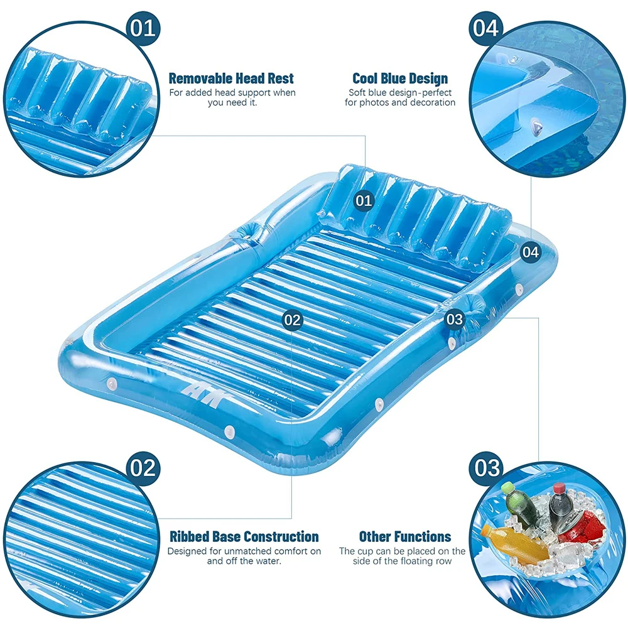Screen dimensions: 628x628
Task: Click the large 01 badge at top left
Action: click(143, 28)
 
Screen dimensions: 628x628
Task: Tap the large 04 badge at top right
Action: click(486, 28)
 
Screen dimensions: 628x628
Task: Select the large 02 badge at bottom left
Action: click(143, 468)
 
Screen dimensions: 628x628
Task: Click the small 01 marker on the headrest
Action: click(364, 200)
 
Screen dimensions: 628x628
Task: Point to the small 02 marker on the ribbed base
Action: click(292, 320)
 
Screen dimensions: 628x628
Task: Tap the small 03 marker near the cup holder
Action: click(455, 319)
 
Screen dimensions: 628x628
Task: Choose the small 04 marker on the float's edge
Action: click(531, 252)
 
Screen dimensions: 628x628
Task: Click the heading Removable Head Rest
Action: click(231, 78)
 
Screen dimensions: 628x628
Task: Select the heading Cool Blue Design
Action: click(400, 78)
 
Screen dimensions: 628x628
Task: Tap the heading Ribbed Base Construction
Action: click(244, 536)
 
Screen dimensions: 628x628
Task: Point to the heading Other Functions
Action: click(405, 536)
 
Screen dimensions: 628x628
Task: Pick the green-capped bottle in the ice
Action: click(518, 504)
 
